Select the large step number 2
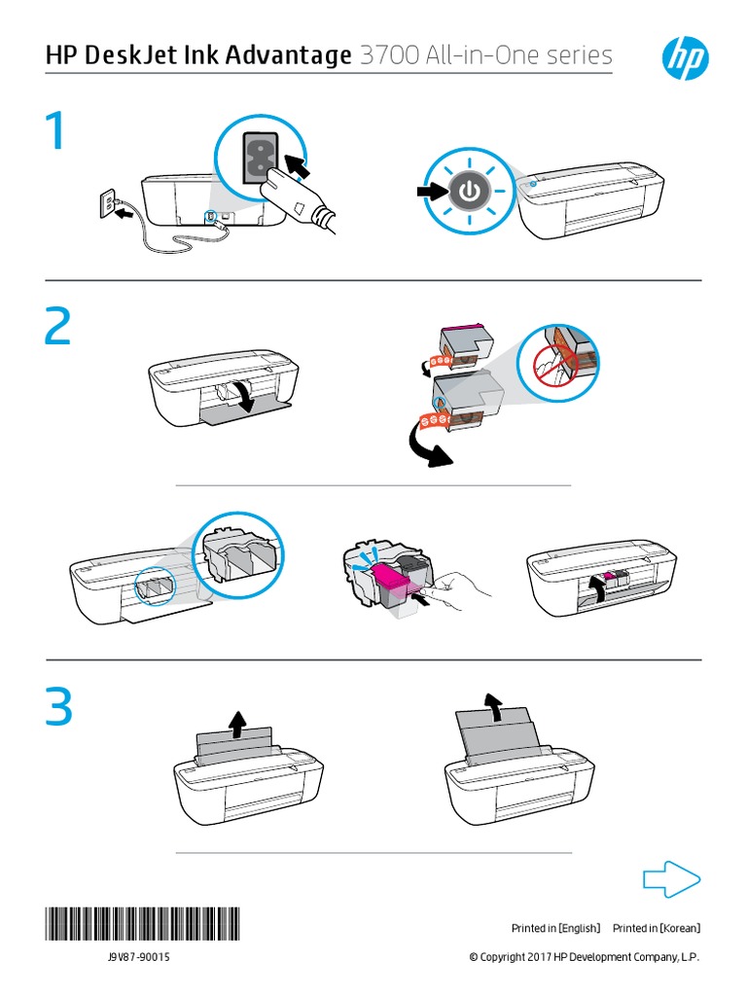coord(57,330)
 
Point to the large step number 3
coord(57,709)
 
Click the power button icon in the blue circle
coord(469,192)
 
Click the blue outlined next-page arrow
coord(672,881)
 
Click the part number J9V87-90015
coord(140,958)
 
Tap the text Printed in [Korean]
coord(657,929)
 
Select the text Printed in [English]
coord(556,929)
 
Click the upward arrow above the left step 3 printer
coord(237,723)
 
